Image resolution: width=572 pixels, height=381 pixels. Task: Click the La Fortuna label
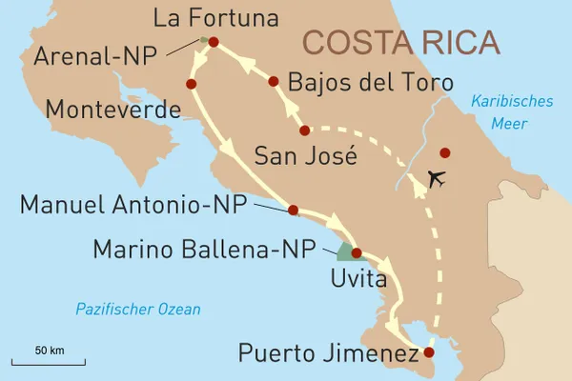click(x=214, y=18)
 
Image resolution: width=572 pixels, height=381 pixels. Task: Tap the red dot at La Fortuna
click(x=213, y=42)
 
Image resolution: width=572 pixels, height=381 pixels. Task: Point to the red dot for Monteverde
click(x=192, y=85)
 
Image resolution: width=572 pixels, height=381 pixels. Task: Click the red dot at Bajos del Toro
click(x=274, y=82)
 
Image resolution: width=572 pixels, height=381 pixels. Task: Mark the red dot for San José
click(x=305, y=130)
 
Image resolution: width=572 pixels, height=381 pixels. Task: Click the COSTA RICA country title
click(x=399, y=43)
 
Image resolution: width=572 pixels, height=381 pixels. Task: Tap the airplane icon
click(x=439, y=179)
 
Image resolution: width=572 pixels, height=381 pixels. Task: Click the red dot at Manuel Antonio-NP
click(x=293, y=210)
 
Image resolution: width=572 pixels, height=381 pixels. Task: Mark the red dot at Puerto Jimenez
click(x=423, y=352)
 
